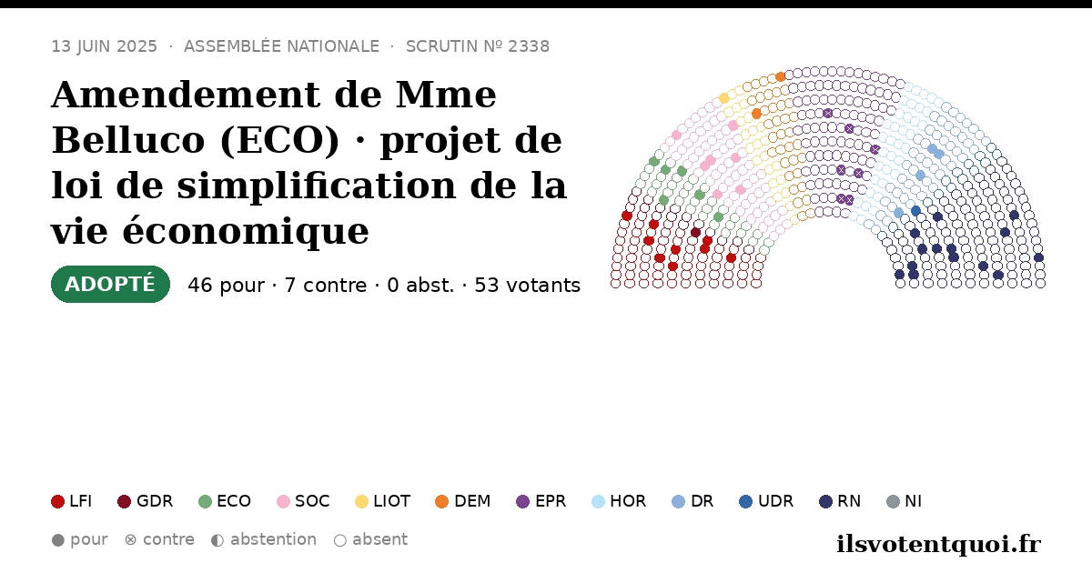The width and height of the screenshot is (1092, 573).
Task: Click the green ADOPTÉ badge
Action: [110, 284]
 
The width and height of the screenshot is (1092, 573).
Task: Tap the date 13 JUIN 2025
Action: [105, 46]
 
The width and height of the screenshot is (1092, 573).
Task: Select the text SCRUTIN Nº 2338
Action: [478, 46]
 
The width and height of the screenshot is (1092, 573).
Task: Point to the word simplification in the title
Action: [316, 186]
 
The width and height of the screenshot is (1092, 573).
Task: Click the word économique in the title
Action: [245, 231]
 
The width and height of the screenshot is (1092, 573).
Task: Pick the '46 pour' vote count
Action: [227, 285]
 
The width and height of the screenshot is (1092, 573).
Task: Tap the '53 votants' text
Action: [528, 285]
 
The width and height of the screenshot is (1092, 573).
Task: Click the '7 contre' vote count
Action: [325, 285]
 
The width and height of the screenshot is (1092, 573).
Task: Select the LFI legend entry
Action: [72, 501]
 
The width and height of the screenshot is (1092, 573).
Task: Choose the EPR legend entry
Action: [541, 501]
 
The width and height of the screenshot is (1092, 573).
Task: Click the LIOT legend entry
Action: [383, 501]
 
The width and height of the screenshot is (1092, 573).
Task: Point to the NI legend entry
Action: [905, 501]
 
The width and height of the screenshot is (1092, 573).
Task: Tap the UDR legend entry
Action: [766, 501]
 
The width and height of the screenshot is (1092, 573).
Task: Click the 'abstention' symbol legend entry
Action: [264, 540]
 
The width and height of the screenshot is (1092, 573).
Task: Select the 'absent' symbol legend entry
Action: [370, 540]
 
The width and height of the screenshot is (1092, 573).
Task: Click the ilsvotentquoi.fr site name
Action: [939, 544]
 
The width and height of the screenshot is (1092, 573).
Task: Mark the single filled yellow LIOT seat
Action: [724, 98]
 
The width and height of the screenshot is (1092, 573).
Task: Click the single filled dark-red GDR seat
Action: [695, 233]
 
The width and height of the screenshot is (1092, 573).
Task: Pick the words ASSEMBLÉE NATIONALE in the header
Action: [282, 46]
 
